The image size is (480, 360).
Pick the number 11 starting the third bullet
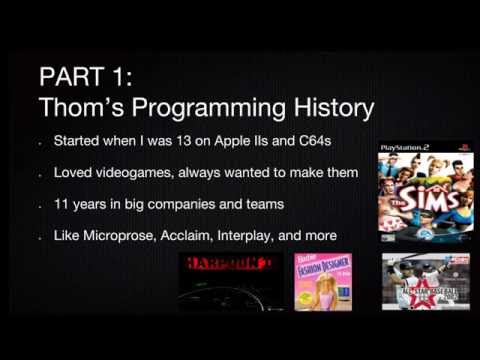pos(65,205)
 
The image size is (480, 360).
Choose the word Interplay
pos(257,237)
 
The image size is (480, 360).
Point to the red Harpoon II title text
pos(228,264)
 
